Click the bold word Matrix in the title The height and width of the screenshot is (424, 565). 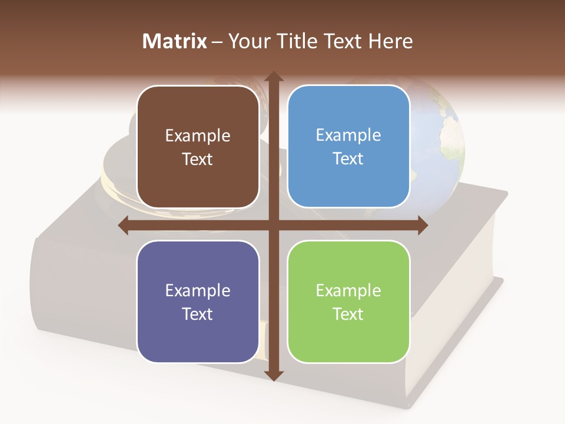(x=175, y=41)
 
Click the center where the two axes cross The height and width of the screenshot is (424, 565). (x=273, y=226)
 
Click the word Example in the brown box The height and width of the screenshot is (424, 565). (x=198, y=136)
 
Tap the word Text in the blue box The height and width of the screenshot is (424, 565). (x=348, y=159)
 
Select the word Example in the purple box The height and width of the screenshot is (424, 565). (x=198, y=291)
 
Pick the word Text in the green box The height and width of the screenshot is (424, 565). (x=348, y=314)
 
